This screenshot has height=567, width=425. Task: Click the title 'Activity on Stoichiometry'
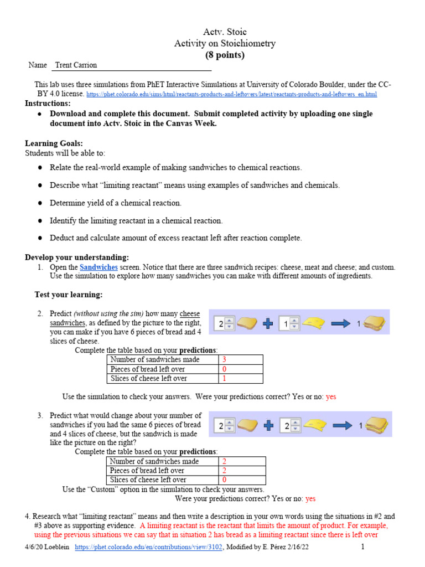pyautogui.click(x=225, y=43)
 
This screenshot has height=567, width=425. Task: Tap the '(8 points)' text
pyautogui.click(x=225, y=55)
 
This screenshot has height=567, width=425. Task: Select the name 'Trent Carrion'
pyautogui.click(x=76, y=65)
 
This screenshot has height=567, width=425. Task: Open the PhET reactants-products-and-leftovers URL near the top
pyautogui.click(x=232, y=95)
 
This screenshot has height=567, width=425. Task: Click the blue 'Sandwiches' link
pyautogui.click(x=99, y=267)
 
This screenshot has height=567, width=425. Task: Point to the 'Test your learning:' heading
pyautogui.click(x=69, y=294)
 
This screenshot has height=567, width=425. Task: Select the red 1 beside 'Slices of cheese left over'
pyautogui.click(x=224, y=379)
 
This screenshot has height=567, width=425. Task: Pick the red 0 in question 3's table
pyautogui.click(x=224, y=480)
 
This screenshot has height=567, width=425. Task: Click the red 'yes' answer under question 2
pyautogui.click(x=331, y=396)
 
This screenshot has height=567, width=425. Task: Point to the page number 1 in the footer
pyautogui.click(x=362, y=547)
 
